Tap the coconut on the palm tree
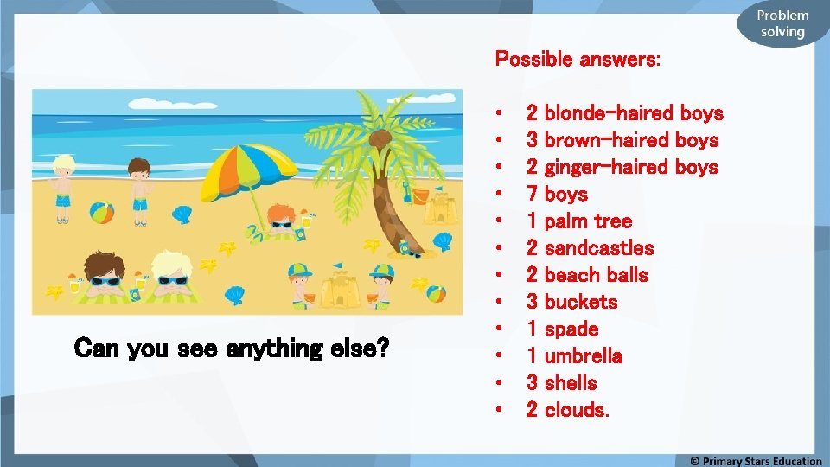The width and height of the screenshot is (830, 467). (378, 138)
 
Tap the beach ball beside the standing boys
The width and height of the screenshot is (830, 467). (102, 213)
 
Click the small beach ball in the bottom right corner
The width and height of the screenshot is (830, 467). (437, 293)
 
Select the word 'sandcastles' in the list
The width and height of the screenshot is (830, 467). (599, 248)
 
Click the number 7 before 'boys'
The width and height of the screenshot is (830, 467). (532, 195)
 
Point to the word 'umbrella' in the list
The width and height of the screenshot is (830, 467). (584, 356)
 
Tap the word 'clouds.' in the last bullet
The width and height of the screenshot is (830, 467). (577, 410)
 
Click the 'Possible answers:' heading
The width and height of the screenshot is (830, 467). (578, 60)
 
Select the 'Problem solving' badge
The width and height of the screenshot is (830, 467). (782, 24)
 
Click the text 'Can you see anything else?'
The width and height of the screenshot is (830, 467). (233, 349)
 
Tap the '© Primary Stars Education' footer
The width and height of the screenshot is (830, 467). (756, 460)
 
